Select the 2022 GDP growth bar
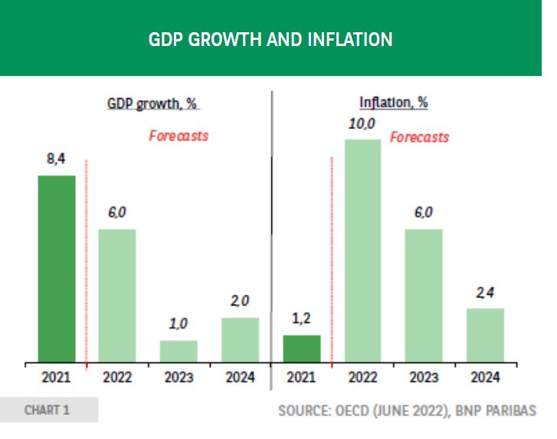click(117, 295)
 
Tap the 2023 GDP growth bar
click(179, 351)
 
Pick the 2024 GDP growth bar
click(240, 339)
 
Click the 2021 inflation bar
click(302, 348)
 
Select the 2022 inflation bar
click(362, 250)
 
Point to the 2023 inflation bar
click(424, 295)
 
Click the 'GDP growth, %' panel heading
click(153, 103)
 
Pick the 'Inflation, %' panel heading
click(393, 103)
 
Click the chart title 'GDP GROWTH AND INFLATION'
click(270, 39)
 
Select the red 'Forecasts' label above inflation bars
click(419, 137)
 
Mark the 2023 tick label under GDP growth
click(179, 377)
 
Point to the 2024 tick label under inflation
click(485, 377)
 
